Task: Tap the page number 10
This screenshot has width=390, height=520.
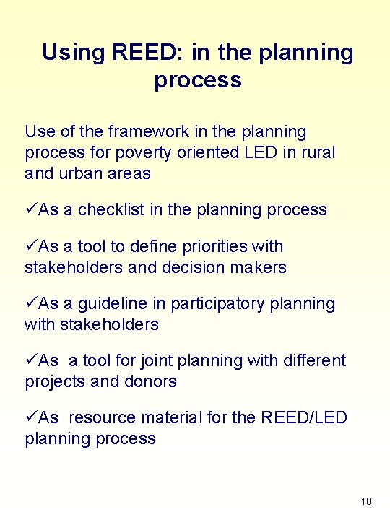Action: (366, 501)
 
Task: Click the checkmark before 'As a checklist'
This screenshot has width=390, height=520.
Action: (30, 210)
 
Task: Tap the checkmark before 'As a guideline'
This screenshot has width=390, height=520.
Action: (30, 303)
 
